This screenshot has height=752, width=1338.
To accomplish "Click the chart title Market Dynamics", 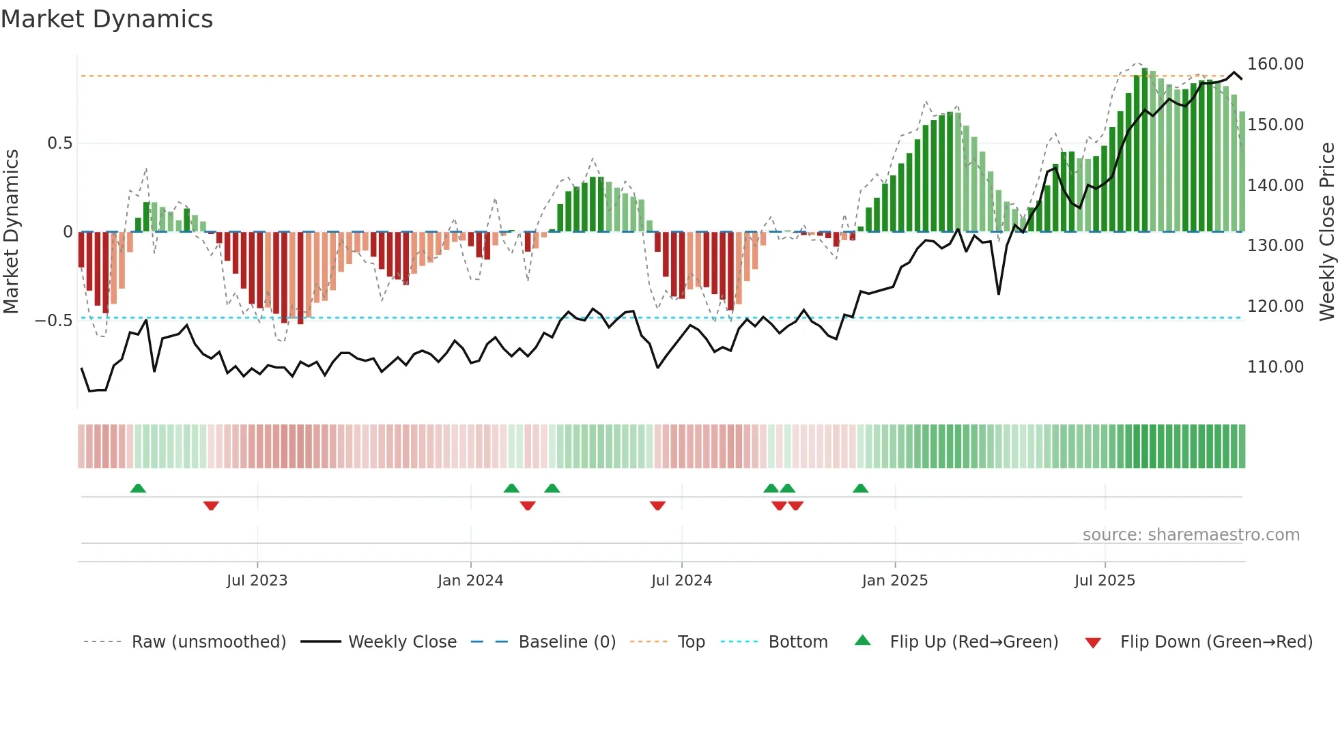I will click(x=107, y=19).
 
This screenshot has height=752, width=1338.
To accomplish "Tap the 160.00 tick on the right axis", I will click(x=1275, y=64).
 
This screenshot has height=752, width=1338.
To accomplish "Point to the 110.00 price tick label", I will click(x=1275, y=367).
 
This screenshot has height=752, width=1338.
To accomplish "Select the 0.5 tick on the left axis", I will click(x=59, y=143).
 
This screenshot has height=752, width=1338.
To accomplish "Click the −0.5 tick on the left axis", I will click(x=54, y=321).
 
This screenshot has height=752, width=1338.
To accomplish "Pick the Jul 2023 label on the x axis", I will click(x=257, y=581).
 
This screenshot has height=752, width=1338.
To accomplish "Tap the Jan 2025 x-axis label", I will click(x=894, y=581).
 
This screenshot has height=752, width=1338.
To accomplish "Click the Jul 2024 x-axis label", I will click(x=681, y=581).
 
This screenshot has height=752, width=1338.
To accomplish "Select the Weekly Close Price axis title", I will click(x=1326, y=231).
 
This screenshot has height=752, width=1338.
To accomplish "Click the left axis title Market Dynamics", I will click(x=11, y=231).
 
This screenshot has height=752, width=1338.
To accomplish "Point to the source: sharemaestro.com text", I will click(x=1191, y=535).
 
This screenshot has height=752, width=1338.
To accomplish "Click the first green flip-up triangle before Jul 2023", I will click(x=138, y=488).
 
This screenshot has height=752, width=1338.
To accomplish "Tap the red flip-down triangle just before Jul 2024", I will click(x=657, y=506).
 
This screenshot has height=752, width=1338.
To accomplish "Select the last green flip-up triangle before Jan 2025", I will click(x=860, y=488).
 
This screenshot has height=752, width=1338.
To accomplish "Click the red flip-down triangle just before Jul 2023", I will click(x=211, y=506).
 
